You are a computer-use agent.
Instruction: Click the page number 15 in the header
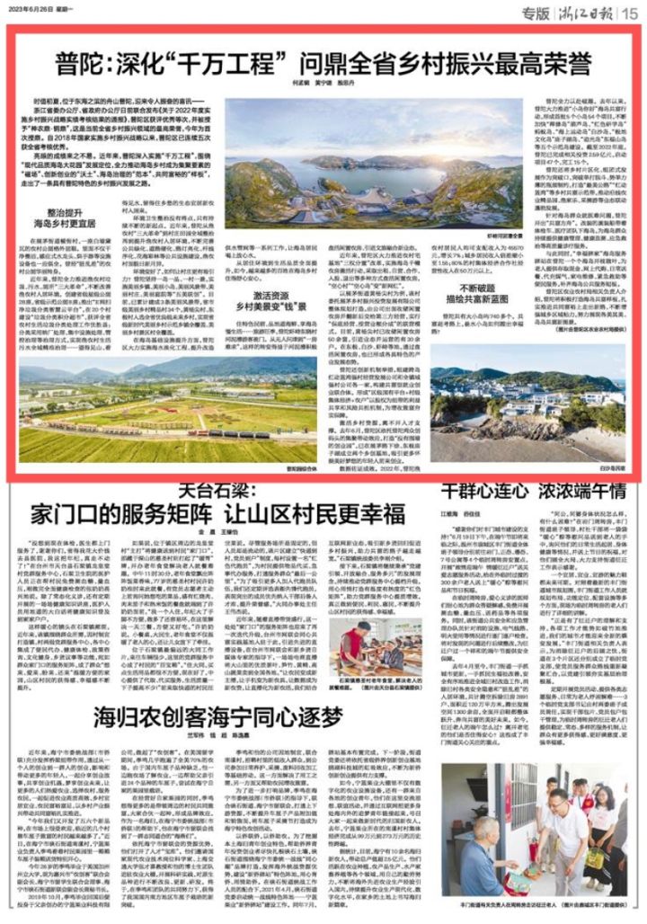(631, 13)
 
